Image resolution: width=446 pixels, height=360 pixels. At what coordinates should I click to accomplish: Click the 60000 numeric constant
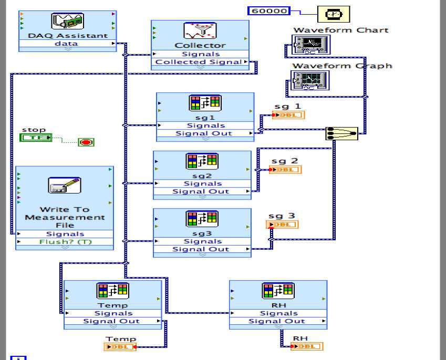point(269,10)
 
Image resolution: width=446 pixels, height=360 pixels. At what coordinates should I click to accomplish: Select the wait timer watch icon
point(333,14)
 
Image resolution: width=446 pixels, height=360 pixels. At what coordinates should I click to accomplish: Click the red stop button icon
point(86,142)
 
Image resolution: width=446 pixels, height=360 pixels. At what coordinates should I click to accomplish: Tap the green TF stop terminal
point(36,137)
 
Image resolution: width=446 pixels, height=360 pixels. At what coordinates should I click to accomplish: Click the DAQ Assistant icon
point(67,22)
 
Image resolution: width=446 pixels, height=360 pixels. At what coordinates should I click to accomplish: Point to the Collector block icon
point(200,31)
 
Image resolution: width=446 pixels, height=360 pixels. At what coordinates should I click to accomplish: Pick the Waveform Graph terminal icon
point(309,80)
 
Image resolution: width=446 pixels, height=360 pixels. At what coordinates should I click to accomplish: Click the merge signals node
point(341,133)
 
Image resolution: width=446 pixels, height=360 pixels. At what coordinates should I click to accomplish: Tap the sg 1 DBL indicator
point(288,115)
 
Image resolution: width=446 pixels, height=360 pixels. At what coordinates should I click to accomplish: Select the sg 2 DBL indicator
point(285,170)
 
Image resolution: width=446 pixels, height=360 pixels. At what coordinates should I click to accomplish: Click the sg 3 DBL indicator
point(283,225)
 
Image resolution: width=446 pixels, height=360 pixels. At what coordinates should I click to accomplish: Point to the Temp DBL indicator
point(120,346)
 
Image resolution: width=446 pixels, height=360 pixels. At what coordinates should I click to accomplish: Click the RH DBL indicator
point(307,346)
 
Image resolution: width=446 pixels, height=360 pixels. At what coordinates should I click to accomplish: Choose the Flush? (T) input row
point(65,242)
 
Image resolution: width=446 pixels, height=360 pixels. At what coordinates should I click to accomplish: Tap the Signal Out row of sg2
point(202,192)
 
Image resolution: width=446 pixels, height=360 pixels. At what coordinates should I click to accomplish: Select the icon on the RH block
point(278,291)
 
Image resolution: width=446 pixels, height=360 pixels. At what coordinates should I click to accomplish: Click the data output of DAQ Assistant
point(67,44)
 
